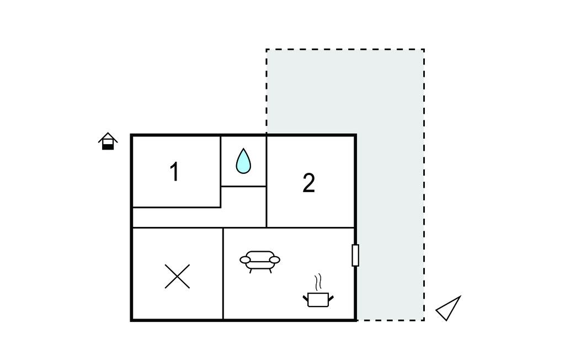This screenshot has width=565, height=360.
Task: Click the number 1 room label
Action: [x=174, y=172]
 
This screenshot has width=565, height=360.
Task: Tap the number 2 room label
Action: [x=309, y=183]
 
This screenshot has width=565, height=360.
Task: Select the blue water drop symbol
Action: [x=243, y=161]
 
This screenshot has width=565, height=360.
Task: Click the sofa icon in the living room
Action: [x=260, y=261]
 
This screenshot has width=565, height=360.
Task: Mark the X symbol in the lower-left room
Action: [x=177, y=276]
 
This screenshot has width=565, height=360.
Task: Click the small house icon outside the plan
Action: [x=108, y=141]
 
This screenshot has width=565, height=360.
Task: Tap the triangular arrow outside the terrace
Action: [x=449, y=309]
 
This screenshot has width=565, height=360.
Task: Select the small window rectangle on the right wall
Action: [x=355, y=255]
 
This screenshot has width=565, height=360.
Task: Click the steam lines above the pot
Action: [x=317, y=282]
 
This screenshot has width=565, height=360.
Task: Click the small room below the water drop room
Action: [x=243, y=206]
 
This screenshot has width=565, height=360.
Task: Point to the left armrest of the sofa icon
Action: [x=245, y=260]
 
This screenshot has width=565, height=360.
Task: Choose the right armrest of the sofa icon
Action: [x=275, y=260]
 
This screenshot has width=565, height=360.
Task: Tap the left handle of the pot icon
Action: [x=305, y=299]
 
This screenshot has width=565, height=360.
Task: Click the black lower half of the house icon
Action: [x=108, y=146]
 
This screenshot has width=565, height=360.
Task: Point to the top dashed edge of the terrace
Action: [x=345, y=49]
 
